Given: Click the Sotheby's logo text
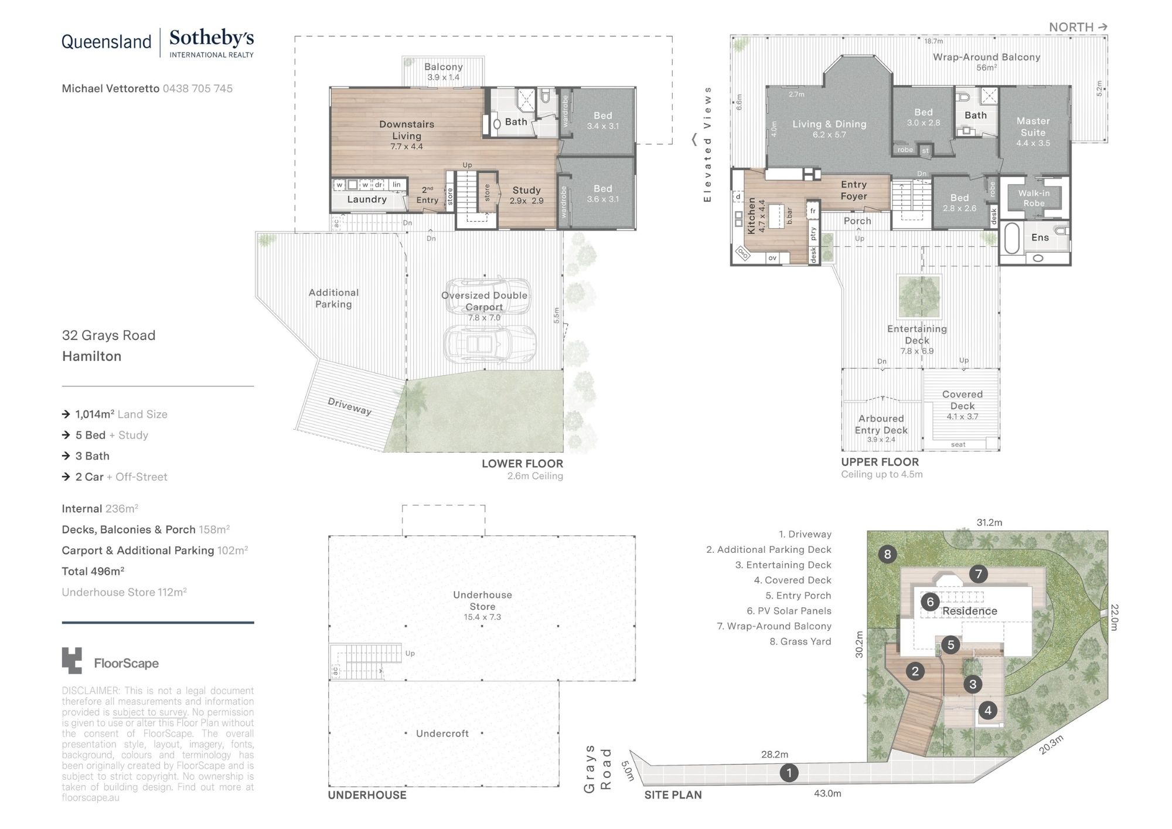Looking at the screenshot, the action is point(212,39).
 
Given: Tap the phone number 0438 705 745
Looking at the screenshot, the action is point(197,89).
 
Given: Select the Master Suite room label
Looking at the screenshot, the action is point(1033,127).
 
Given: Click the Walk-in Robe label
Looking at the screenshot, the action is point(1034,198).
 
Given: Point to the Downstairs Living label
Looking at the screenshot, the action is point(407,130).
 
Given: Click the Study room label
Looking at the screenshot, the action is point(526,190).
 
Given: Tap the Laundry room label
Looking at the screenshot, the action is point(367,199).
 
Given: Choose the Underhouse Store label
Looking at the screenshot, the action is point(482,600).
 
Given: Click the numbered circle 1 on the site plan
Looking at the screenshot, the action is point(789,773).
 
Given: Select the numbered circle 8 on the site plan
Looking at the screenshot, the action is point(887,554).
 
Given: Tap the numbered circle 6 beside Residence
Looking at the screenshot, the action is point(930,602).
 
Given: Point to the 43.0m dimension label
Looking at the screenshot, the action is point(827,793).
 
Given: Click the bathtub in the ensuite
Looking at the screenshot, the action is point(1011,238).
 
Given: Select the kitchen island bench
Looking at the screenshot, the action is point(776,216).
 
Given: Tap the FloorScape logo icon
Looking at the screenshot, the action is point(72,661).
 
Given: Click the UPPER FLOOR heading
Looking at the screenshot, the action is point(880,462).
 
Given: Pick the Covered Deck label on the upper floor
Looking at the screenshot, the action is point(962,400).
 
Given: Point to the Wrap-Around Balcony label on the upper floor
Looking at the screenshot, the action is point(986,57).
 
